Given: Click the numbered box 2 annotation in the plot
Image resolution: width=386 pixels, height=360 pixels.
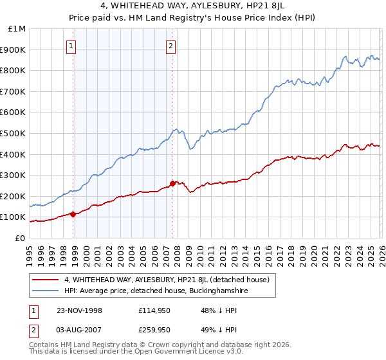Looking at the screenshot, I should (170, 45).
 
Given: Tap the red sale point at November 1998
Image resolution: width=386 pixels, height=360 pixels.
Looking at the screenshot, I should (73, 214).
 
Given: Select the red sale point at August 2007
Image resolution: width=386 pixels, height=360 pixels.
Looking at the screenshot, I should (172, 183).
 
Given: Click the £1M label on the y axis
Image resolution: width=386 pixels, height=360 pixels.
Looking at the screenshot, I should (18, 28).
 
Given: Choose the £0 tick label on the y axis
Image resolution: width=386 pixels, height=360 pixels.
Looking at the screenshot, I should (21, 238).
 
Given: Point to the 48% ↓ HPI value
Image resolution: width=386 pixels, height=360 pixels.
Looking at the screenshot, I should (217, 310).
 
